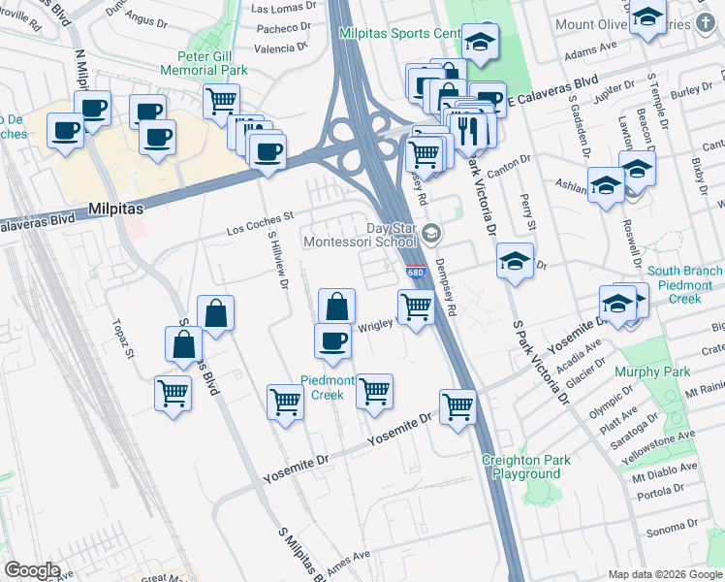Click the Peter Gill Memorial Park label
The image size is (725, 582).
(199, 63)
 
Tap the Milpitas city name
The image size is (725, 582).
(116, 208)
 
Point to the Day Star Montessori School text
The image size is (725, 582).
(360, 234)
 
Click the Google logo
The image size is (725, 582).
(33, 570)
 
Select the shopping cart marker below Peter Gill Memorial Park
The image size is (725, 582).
(222, 100)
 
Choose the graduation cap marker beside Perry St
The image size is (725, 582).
(515, 261)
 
